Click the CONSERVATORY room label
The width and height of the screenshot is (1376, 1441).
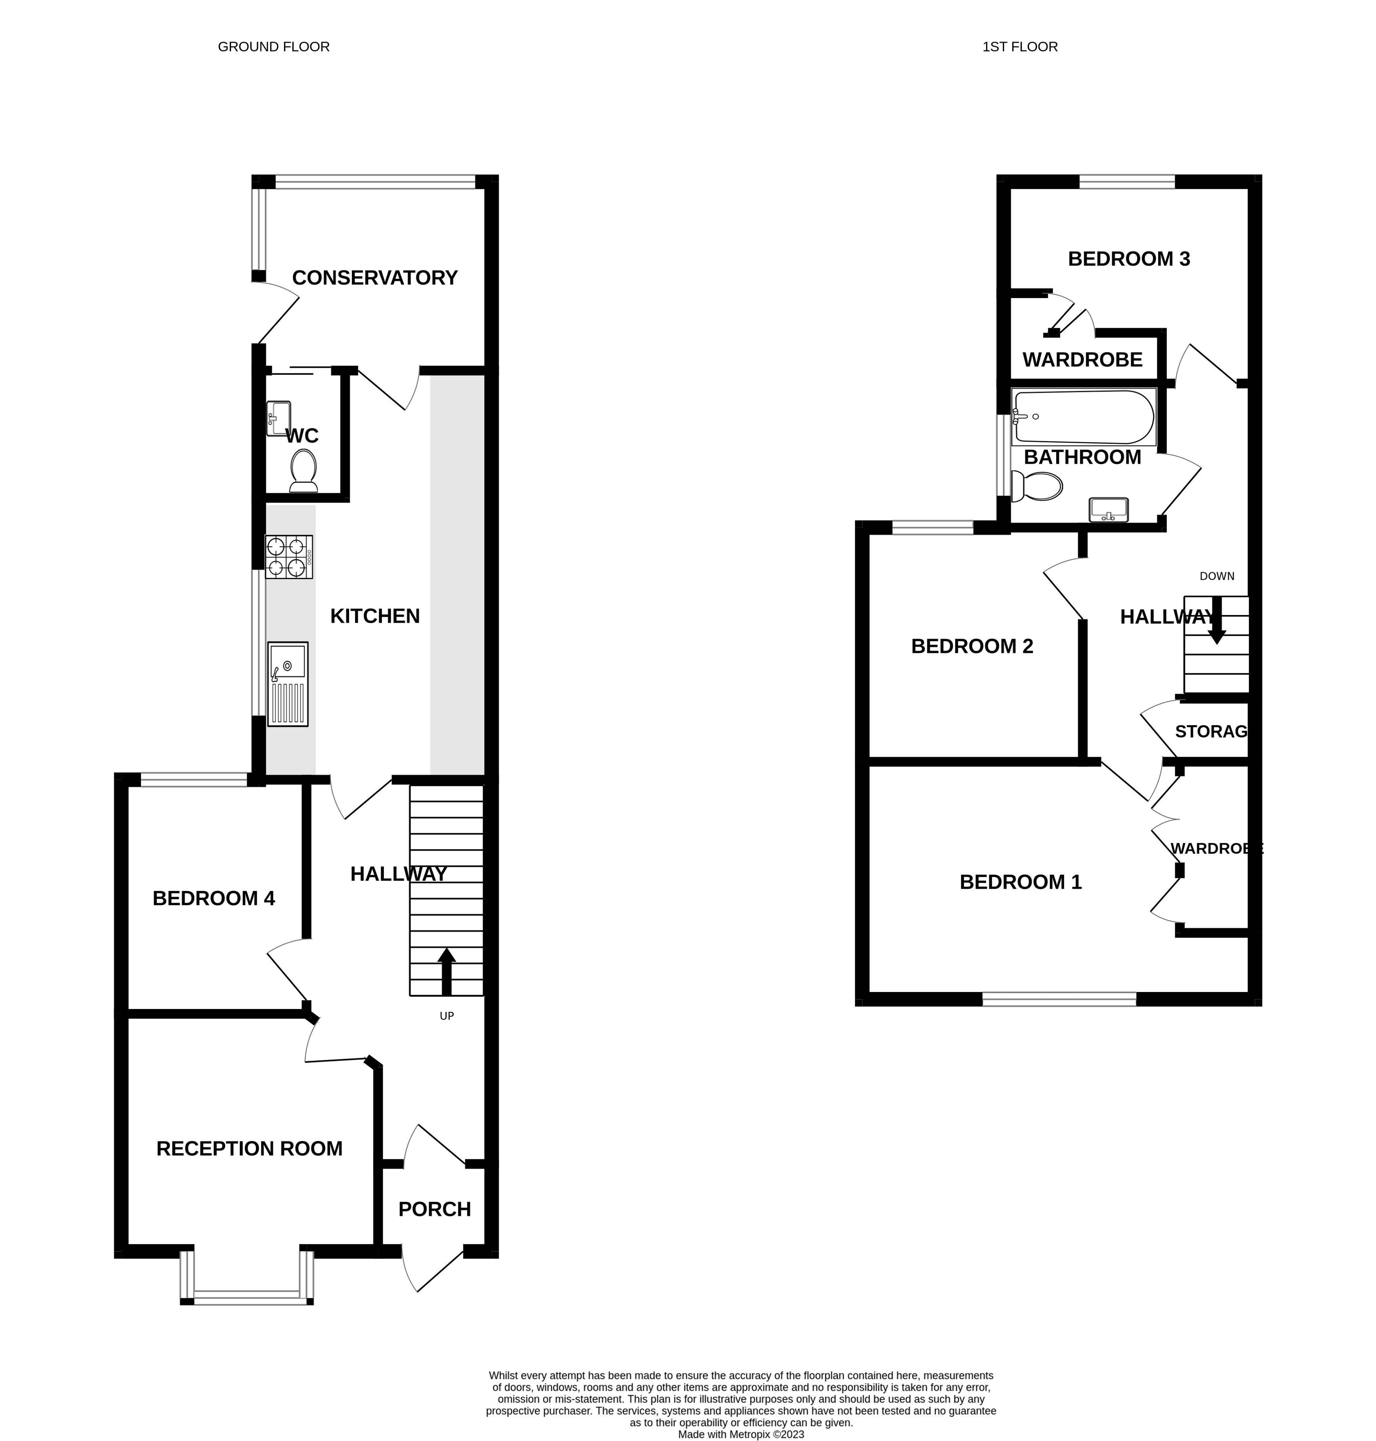pyautogui.click(x=375, y=278)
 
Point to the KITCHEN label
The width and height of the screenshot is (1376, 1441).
pyautogui.click(x=375, y=616)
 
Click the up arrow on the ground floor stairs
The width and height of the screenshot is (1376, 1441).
pyautogui.click(x=447, y=971)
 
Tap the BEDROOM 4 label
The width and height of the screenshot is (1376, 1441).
pyautogui.click(x=214, y=899)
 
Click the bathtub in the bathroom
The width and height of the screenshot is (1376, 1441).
pyautogui.click(x=1084, y=417)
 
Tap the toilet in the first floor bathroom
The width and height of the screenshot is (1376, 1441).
pyautogui.click(x=1036, y=486)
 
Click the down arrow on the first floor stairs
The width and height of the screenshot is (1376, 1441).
pyautogui.click(x=1217, y=621)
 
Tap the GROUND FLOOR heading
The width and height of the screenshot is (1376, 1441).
pyautogui.click(x=274, y=47)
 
